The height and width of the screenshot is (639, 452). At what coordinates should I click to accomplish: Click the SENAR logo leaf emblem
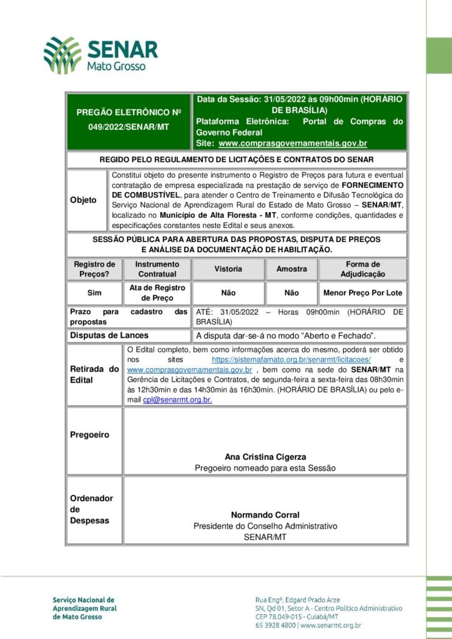pos(62,55)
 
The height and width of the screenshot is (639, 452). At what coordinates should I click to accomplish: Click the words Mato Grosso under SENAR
pos(117,66)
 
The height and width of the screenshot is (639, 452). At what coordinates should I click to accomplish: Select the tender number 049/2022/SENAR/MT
pos(129,127)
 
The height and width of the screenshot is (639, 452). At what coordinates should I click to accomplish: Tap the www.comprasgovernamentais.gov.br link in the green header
pos(293,144)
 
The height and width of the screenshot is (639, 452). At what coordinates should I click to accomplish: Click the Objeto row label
pos(83,200)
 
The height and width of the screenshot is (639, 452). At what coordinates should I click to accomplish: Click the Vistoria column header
pos(228,269)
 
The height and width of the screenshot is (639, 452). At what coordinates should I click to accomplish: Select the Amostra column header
pos(292,269)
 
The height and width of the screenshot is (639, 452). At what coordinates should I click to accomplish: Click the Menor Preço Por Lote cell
pos(363,293)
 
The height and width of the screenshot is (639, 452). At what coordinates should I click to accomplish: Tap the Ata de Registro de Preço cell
pos(157,293)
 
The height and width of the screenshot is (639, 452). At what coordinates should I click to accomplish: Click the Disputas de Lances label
pos(109,336)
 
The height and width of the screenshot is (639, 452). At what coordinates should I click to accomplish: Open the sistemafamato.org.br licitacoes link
pos(292,360)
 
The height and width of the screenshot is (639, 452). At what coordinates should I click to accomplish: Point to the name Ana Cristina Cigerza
pos(265,457)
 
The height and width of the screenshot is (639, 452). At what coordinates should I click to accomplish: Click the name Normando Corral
pos(265,515)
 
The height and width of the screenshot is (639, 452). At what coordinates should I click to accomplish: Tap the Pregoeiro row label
pos(89,435)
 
